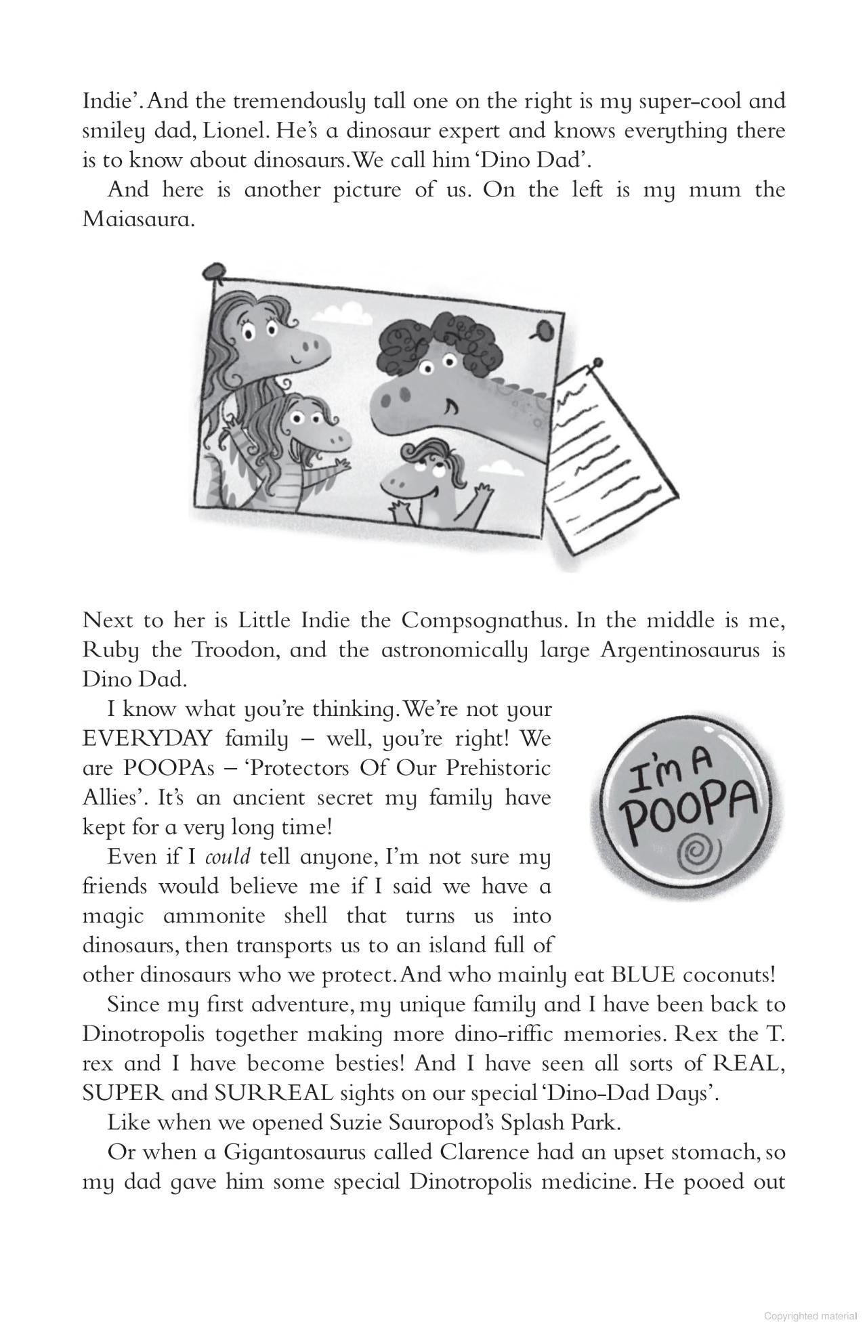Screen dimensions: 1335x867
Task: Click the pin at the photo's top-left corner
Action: [214, 271]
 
